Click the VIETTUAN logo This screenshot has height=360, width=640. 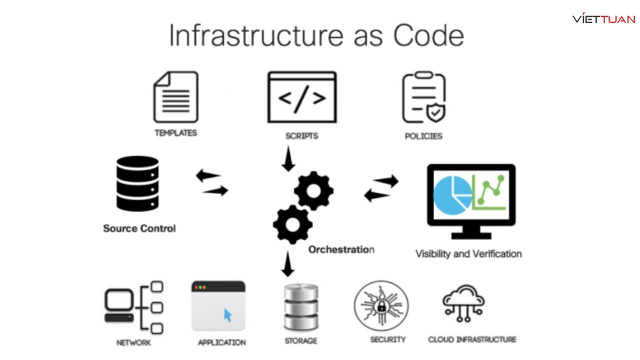604,19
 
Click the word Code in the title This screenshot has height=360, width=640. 428,35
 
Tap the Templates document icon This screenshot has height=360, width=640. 175,97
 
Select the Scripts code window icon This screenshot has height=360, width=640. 302,97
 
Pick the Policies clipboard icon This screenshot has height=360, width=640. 423,97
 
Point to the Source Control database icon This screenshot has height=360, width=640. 137,183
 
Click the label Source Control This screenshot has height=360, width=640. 139,228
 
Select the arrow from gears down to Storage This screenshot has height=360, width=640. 287,264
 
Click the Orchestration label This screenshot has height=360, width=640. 341,249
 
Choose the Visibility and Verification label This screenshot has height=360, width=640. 468,254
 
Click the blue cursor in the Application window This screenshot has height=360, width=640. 228,315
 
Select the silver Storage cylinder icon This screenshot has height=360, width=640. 301,307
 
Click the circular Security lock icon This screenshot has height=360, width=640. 381,305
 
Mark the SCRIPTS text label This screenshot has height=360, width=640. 301,135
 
